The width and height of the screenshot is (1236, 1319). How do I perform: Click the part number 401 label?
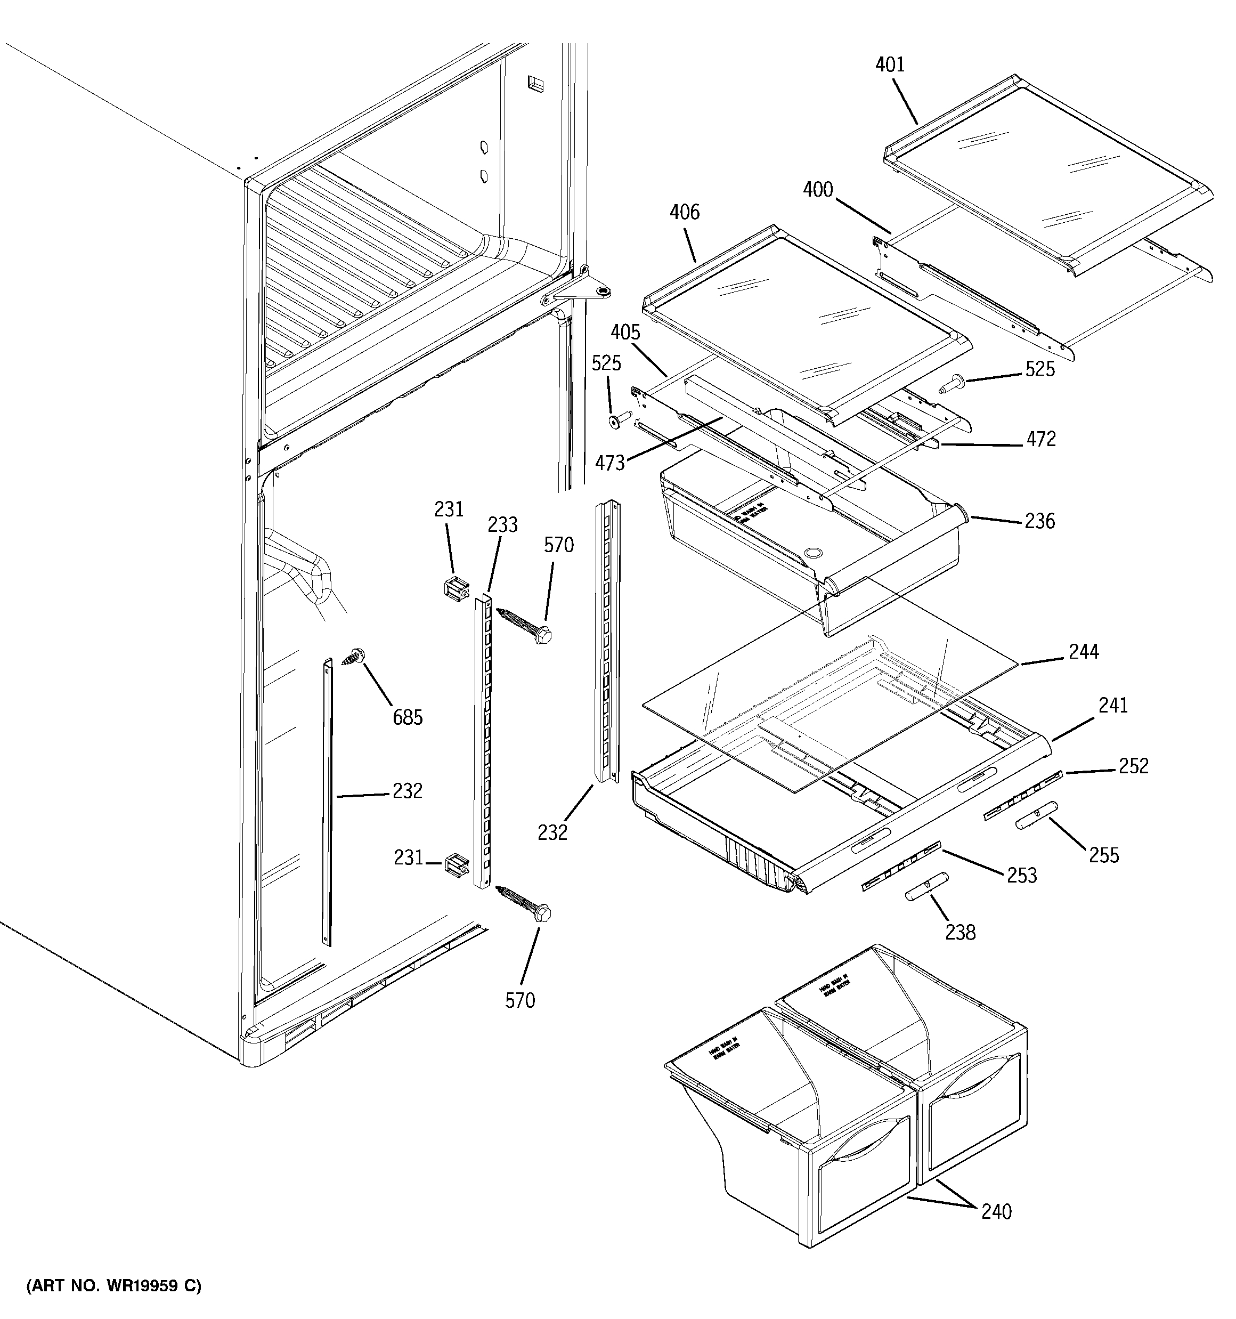[x=890, y=65]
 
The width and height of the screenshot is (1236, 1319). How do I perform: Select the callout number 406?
[x=684, y=212]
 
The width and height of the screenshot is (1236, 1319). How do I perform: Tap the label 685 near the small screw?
[x=408, y=717]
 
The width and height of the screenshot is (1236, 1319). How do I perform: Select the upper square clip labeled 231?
[x=455, y=587]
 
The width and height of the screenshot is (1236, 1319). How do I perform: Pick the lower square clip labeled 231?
[x=457, y=865]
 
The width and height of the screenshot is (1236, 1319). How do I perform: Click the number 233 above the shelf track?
[x=502, y=525]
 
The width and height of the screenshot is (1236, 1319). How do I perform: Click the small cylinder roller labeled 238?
[x=926, y=886]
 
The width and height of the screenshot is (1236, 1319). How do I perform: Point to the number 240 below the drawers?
[x=996, y=1212]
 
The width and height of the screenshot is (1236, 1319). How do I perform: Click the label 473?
[x=609, y=463]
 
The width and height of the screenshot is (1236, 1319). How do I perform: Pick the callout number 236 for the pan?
[x=1039, y=522]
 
